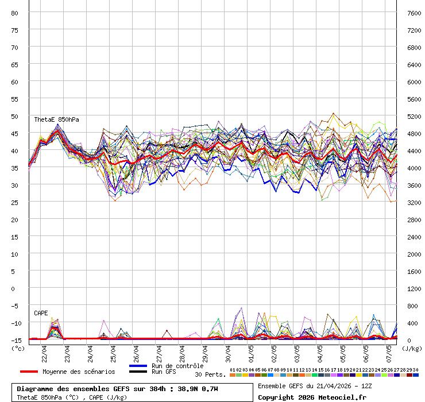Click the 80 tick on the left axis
[15, 13]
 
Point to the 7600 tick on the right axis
[414, 13]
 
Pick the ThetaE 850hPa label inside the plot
[56, 119]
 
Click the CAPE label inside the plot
[41, 313]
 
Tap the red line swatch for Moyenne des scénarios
[28, 372]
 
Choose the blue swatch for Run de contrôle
[138, 366]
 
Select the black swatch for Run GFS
[138, 372]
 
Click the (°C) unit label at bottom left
[18, 348]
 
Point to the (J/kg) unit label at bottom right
[411, 348]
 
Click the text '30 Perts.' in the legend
[210, 374]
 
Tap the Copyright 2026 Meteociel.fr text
[312, 397]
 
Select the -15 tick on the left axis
[15, 340]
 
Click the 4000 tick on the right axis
[414, 168]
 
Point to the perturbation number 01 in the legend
[232, 370]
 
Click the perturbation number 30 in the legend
[415, 370]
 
